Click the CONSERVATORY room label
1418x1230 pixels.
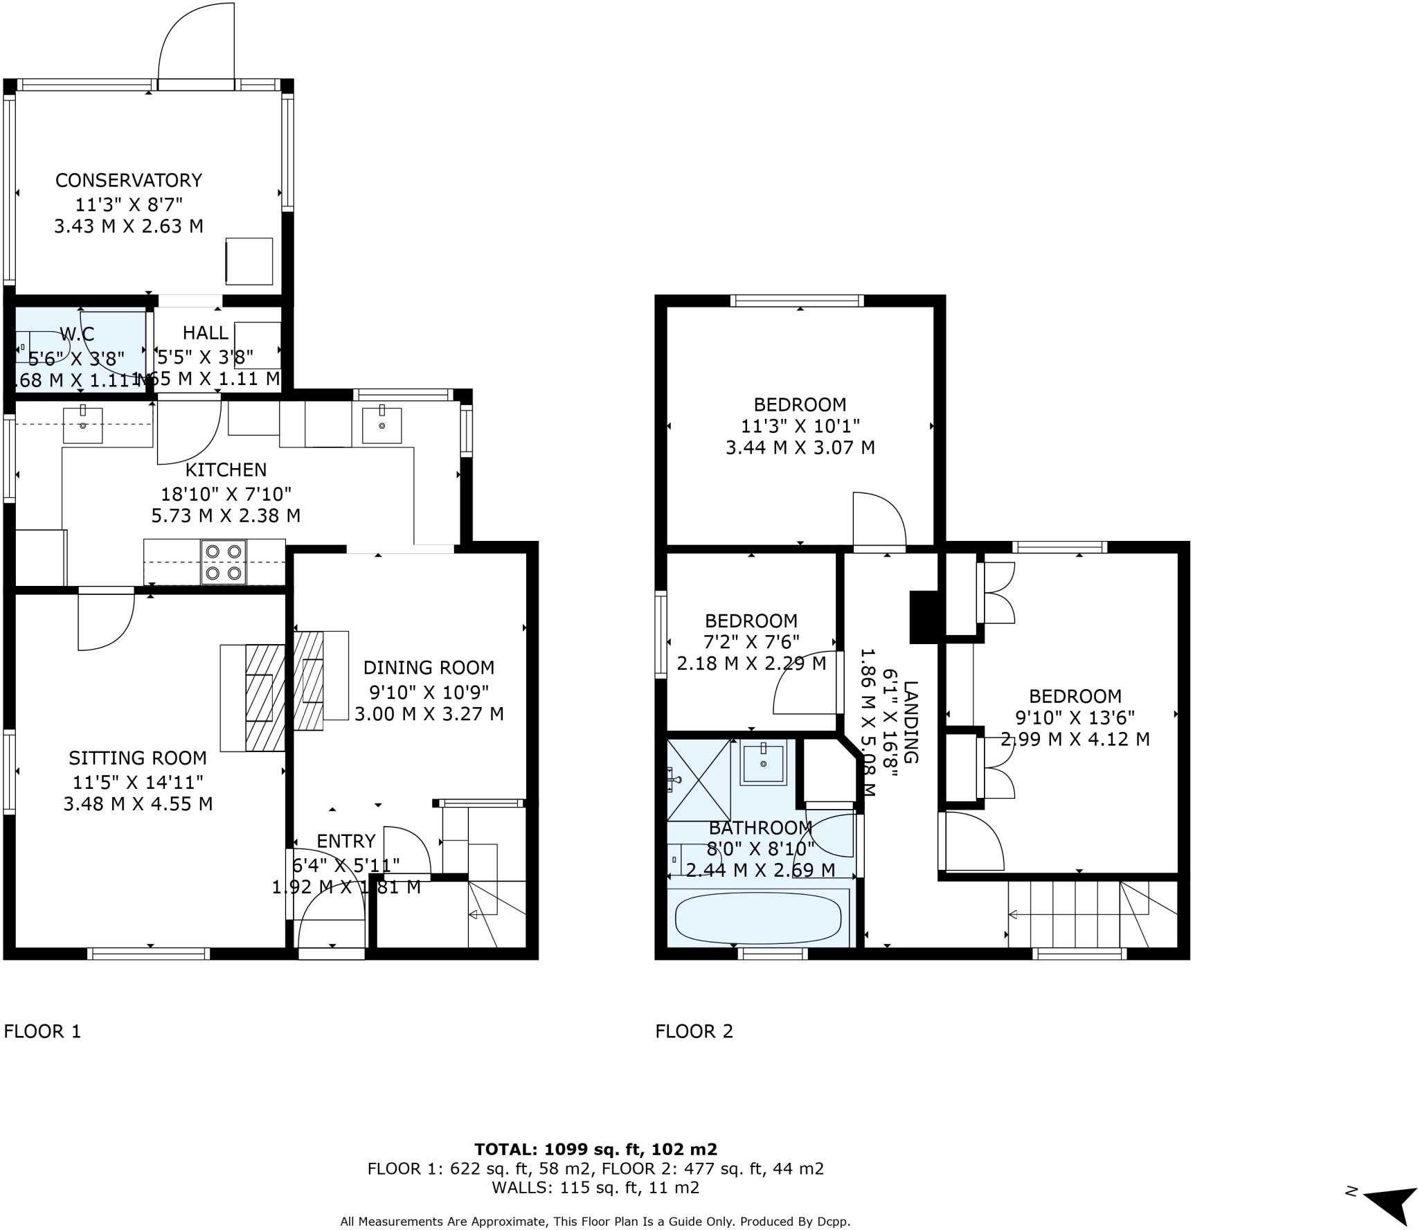pos(129,180)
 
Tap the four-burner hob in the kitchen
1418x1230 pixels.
pos(224,562)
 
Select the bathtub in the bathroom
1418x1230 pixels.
pos(758,918)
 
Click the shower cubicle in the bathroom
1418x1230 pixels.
pos(699,780)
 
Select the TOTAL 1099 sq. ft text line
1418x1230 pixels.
pos(595,1150)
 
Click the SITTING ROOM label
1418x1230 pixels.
pos(137,758)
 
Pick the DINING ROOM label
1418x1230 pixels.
pos(429,668)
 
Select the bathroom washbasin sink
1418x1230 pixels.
pos(763,763)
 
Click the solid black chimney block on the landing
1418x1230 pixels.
pos(923,617)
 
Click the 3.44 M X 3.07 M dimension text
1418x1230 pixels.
pos(800,447)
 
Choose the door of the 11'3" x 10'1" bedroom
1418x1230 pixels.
pos(879,519)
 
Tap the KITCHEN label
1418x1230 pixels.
pos(226,470)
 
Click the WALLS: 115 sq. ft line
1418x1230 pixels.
pos(595,1188)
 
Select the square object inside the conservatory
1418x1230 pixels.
pos(249,260)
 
